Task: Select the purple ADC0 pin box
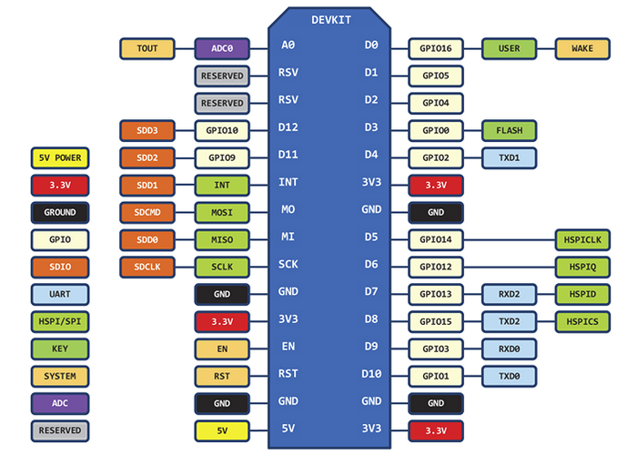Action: coord(222,48)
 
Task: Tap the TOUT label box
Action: coord(147,48)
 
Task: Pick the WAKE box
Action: coord(582,48)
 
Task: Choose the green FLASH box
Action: coord(510,130)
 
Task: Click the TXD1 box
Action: coord(510,157)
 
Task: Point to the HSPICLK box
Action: coord(582,239)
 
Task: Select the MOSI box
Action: coord(222,212)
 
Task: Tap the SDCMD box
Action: coord(147,212)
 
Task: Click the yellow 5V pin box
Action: coord(222,430)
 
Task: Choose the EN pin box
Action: coord(222,349)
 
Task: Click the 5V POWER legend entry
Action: coord(60,157)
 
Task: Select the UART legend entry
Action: coord(60,294)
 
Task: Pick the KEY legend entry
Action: coord(60,349)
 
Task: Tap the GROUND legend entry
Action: coord(60,212)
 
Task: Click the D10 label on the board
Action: coord(371,373)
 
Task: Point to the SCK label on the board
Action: coord(288,264)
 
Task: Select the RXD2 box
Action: coord(510,294)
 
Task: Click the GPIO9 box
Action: coord(222,157)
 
